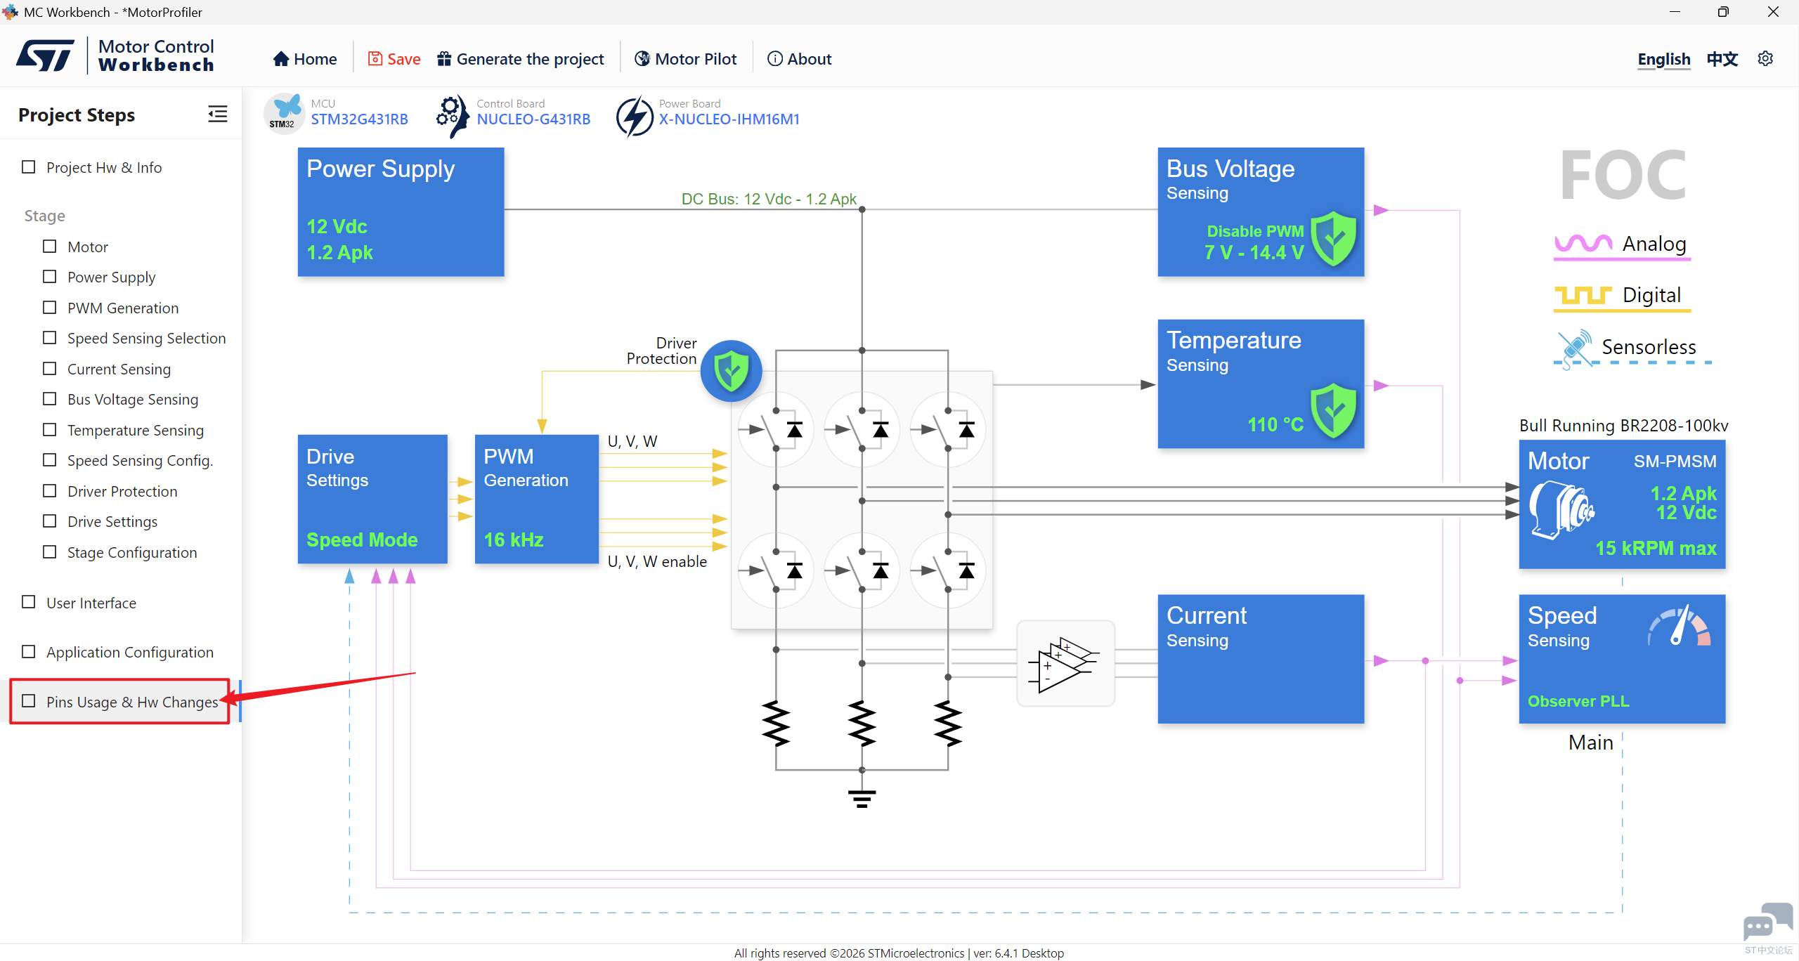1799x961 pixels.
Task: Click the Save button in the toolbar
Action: (x=394, y=59)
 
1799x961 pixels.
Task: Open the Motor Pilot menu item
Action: (x=685, y=59)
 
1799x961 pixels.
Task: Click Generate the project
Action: (x=520, y=59)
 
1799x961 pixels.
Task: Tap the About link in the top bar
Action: (x=799, y=59)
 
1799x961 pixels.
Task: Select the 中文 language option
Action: (x=1722, y=59)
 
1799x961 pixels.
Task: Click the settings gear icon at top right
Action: (x=1765, y=58)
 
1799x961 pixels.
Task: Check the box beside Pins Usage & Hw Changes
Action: (x=29, y=701)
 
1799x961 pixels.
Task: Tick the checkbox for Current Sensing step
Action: (x=50, y=368)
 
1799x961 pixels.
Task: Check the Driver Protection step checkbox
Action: (x=50, y=490)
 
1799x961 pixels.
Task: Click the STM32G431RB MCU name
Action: (x=359, y=119)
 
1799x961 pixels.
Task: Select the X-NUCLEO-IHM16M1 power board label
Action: (x=729, y=119)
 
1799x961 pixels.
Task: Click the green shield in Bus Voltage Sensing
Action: (x=1333, y=239)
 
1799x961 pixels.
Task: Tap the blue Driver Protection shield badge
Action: (x=731, y=371)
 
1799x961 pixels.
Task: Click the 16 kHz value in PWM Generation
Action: (x=514, y=540)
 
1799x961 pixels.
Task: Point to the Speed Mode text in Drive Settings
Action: (x=362, y=540)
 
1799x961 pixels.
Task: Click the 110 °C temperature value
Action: (x=1275, y=424)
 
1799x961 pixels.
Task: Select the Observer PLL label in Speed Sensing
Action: (x=1578, y=701)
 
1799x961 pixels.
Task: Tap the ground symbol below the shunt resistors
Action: (x=862, y=799)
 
